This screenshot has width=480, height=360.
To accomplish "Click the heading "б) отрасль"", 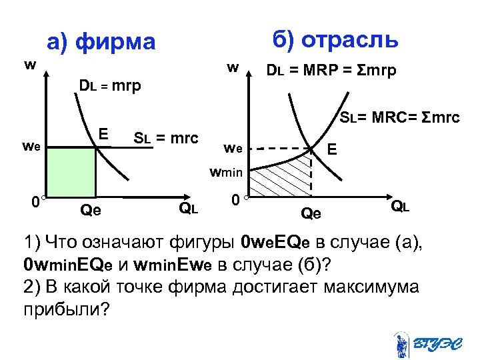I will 336,39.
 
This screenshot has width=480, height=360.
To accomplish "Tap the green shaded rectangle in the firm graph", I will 71,172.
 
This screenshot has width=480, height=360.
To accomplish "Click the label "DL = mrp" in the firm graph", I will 110,86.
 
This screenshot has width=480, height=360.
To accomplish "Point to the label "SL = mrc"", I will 166,139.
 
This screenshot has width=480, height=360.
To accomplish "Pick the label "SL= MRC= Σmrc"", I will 399,118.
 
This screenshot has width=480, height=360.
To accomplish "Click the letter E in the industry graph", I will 331,152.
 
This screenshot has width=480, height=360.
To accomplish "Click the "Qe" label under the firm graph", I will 90,211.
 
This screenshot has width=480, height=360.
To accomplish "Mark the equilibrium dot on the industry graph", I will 312,148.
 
